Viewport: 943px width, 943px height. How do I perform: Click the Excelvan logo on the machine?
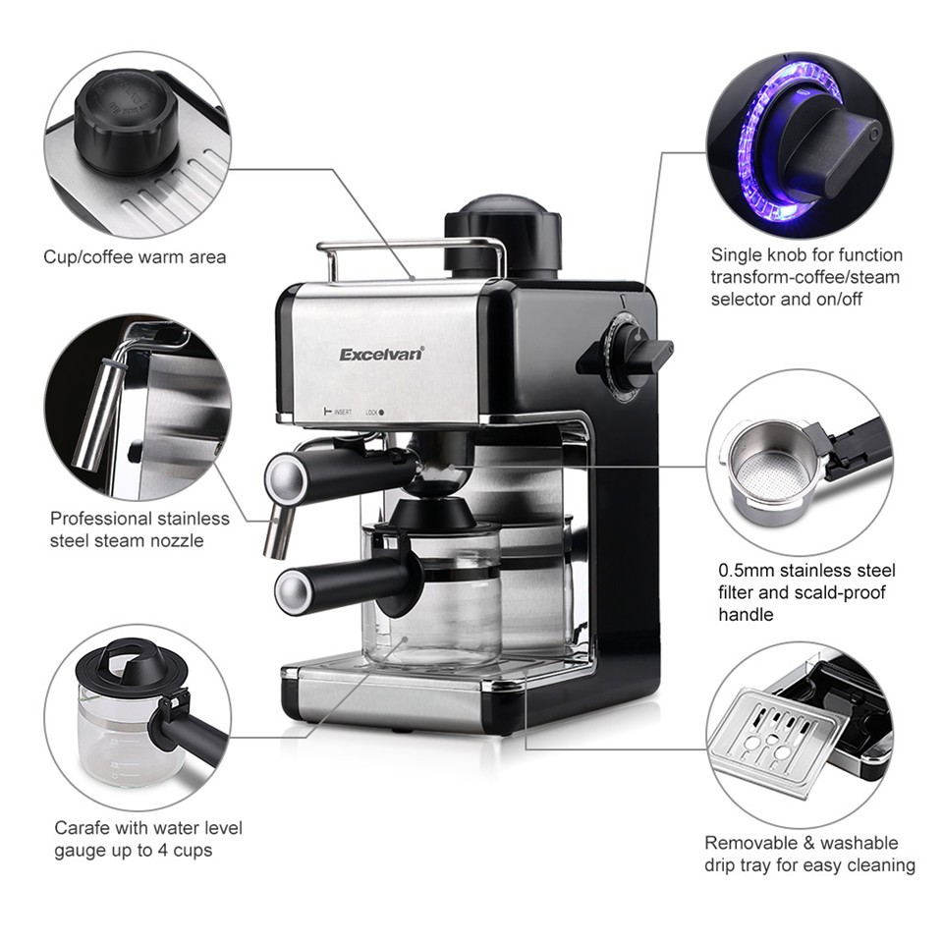(x=382, y=354)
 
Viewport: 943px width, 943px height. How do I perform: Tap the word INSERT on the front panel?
(x=343, y=412)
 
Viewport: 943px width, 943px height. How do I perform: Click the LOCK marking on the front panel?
(x=371, y=413)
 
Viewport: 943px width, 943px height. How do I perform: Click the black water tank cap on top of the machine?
(x=503, y=237)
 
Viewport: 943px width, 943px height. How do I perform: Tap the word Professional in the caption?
(x=101, y=518)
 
